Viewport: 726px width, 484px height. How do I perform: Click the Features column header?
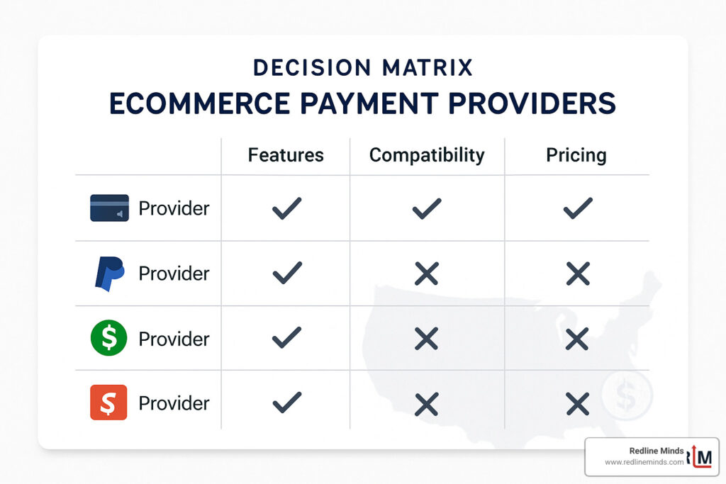click(x=285, y=155)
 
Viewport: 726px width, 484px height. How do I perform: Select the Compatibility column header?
click(x=427, y=155)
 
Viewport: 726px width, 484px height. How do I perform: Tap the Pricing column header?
click(x=576, y=155)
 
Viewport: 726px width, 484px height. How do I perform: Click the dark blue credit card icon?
click(x=109, y=208)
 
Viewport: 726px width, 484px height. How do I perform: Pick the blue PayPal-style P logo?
click(x=109, y=274)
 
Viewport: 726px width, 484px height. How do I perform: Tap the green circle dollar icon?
click(x=109, y=338)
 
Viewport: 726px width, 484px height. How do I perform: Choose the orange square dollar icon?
click(x=109, y=403)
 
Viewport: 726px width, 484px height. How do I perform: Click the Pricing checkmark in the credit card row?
click(x=578, y=208)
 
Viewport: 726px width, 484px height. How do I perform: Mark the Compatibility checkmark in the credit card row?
click(x=426, y=208)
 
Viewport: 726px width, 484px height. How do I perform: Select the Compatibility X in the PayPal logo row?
click(x=426, y=274)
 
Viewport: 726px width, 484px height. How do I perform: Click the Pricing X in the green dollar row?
click(x=578, y=339)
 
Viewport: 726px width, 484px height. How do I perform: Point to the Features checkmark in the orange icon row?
click(x=286, y=403)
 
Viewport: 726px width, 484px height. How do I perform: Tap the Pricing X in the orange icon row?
click(x=578, y=403)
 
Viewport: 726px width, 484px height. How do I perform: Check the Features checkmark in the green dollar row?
click(x=286, y=339)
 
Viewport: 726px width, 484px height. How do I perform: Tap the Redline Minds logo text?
click(x=657, y=451)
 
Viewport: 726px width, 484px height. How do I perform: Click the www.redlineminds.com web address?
click(x=644, y=462)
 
